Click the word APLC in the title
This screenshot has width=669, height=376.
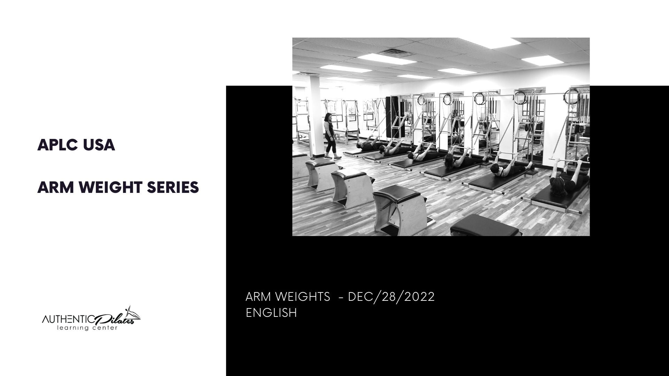coord(57,145)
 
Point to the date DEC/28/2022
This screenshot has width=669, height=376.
coord(391,297)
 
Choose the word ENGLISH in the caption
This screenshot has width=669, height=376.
coord(271,313)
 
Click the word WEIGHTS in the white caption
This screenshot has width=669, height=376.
coord(303,297)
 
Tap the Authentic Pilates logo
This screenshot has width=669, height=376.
coord(91,319)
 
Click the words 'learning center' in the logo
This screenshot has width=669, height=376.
coord(87,328)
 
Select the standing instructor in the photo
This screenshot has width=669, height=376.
coord(330,135)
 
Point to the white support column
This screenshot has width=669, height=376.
coord(315,104)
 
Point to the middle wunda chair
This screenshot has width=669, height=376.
coord(352,187)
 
